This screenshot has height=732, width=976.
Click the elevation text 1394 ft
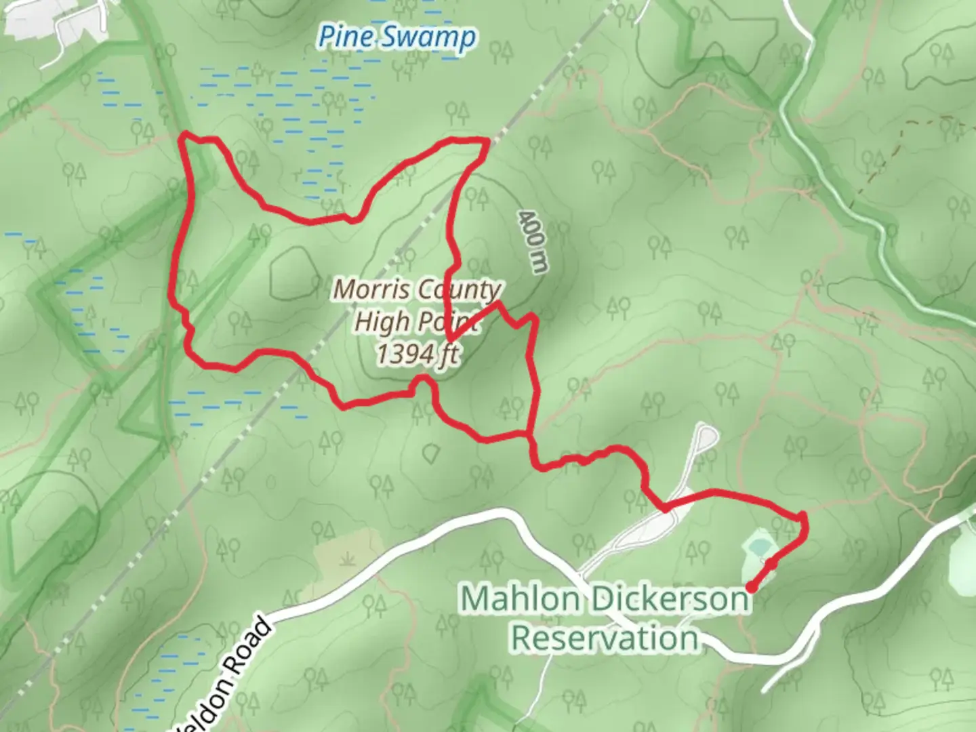(417, 354)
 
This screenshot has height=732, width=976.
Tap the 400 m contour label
(532, 241)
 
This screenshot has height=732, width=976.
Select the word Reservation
(605, 638)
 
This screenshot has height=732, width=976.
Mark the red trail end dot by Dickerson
(751, 587)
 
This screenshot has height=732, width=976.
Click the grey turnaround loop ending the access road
(706, 436)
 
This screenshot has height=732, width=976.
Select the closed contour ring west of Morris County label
(295, 273)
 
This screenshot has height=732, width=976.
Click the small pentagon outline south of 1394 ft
(432, 451)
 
